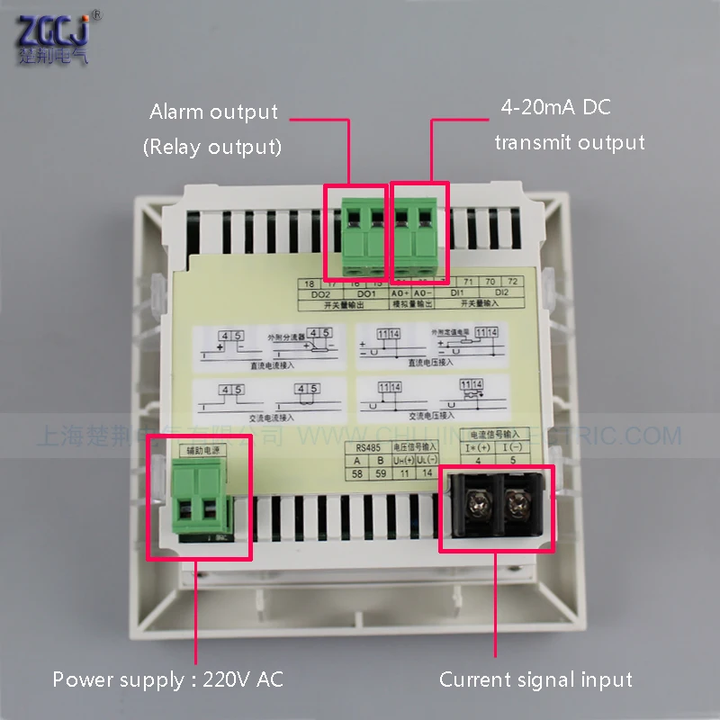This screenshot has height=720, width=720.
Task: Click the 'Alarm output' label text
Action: click(x=213, y=112)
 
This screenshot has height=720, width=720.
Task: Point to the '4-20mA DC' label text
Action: click(x=555, y=108)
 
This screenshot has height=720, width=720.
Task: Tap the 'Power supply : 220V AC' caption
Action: click(x=167, y=679)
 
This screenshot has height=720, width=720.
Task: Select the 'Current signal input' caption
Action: click(x=535, y=679)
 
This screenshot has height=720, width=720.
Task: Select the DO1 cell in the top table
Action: click(x=364, y=292)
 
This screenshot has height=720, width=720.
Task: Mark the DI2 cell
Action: click(x=502, y=292)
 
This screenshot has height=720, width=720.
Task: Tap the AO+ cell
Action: click(x=400, y=292)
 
